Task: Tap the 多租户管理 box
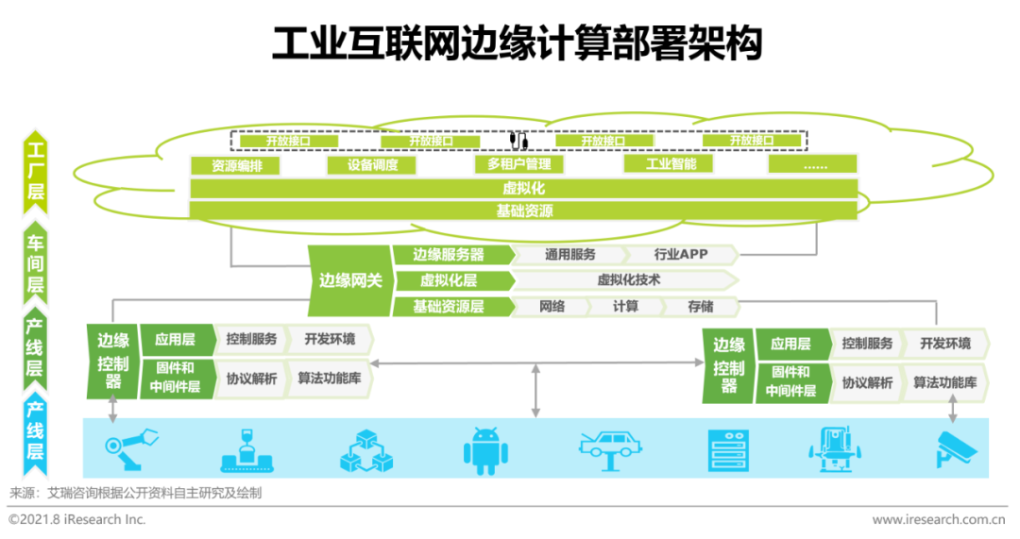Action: tap(518, 165)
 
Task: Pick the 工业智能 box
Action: tap(671, 164)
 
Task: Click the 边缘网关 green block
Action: tap(350, 279)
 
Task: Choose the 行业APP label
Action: tap(680, 254)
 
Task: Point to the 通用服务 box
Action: tap(569, 254)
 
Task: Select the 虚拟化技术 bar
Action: tap(628, 280)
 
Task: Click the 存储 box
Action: tap(700, 307)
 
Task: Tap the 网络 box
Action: tap(552, 307)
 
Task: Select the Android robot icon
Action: tap(485, 448)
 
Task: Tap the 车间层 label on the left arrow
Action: tap(35, 263)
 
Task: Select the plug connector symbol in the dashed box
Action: tap(518, 140)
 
